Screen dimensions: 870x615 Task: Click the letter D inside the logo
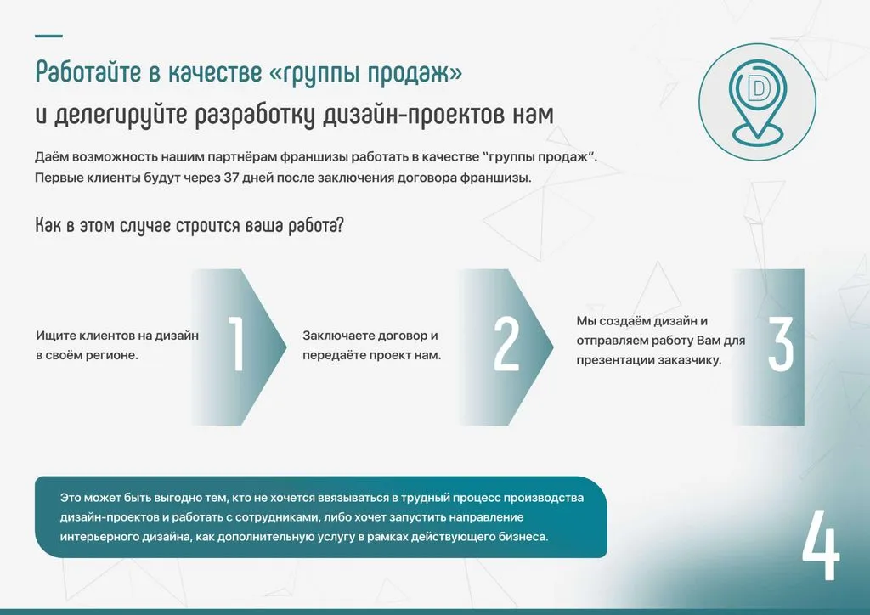coord(756,88)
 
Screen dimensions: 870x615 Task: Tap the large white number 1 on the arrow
coord(237,343)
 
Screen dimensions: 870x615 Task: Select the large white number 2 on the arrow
coord(506,343)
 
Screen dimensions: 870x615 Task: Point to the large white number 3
coord(780,343)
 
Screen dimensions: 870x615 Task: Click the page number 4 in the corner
coord(821,545)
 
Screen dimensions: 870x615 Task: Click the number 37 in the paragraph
coord(231,178)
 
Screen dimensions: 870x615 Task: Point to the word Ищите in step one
coord(53,336)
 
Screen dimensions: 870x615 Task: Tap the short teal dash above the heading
coord(48,36)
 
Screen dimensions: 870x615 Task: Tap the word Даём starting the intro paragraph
coord(52,157)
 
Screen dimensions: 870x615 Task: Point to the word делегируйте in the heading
coord(121,116)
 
